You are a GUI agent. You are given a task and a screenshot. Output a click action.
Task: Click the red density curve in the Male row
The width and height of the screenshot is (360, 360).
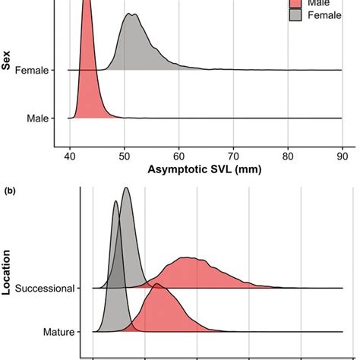pos(86,76)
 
